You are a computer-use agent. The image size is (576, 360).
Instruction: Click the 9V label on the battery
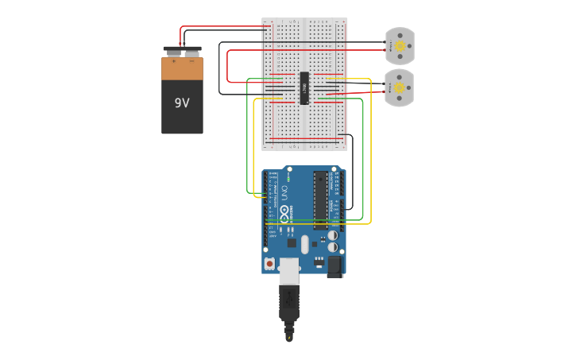pyautogui.click(x=182, y=103)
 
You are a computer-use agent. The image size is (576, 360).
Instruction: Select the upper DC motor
pyautogui.click(x=399, y=46)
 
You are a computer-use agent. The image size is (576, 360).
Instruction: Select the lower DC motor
pyautogui.click(x=399, y=87)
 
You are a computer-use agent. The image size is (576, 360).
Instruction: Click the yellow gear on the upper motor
pyautogui.click(x=400, y=46)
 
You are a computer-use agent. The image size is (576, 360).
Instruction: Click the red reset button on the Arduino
pyautogui.click(x=270, y=263)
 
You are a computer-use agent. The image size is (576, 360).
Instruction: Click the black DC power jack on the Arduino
pyautogui.click(x=334, y=266)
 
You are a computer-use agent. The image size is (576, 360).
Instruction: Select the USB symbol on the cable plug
pyautogui.click(x=288, y=300)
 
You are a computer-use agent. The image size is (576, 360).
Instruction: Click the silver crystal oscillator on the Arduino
pyautogui.click(x=304, y=245)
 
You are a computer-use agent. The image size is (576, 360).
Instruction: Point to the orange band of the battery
pyautogui.click(x=182, y=69)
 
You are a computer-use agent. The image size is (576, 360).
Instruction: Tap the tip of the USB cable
pyautogui.click(x=289, y=338)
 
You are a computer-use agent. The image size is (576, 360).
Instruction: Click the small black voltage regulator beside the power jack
pyautogui.click(x=319, y=260)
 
